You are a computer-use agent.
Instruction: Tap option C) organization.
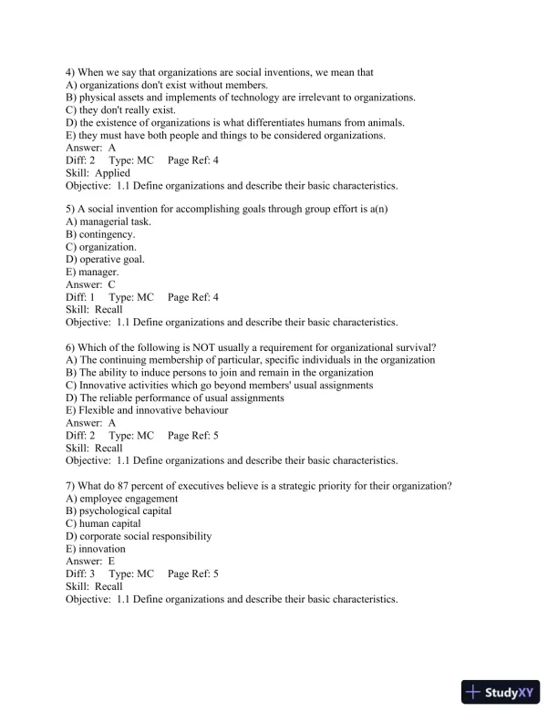[101, 246]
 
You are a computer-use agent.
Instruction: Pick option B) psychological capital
[119, 511]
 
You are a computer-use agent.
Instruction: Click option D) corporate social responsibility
[139, 536]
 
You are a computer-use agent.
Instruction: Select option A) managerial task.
[108, 221]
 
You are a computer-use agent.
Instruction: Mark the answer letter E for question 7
[111, 562]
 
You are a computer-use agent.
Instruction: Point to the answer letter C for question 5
[111, 284]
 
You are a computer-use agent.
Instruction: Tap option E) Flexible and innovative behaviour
[147, 410]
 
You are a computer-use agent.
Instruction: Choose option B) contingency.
[101, 233]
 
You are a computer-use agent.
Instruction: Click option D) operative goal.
[105, 259]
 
